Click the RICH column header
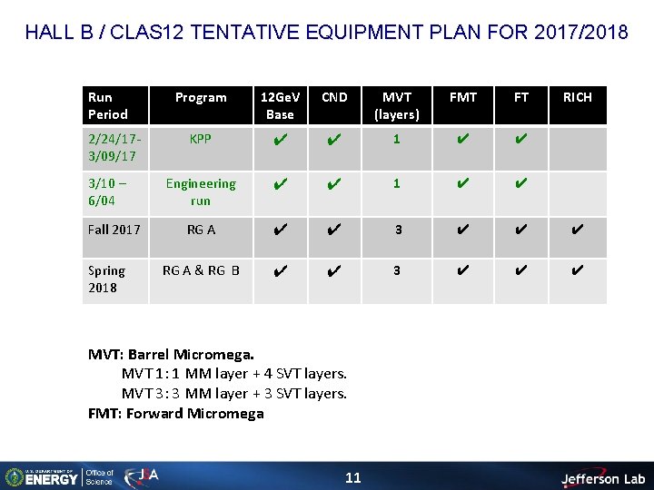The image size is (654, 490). [x=577, y=97]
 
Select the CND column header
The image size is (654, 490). [x=334, y=97]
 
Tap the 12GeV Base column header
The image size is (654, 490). [x=280, y=105]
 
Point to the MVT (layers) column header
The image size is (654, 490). [x=397, y=105]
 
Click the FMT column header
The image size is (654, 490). [x=463, y=97]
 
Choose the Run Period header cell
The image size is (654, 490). [x=107, y=105]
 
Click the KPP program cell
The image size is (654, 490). [x=201, y=141]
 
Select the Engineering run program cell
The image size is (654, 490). [x=201, y=191]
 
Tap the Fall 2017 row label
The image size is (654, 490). [x=114, y=230]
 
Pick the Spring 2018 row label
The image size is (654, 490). [x=107, y=279]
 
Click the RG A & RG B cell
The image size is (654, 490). [x=201, y=269]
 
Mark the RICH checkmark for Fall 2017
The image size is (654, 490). [x=577, y=230]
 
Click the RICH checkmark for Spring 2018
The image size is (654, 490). [x=577, y=270]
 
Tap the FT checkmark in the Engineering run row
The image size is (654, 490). [x=520, y=184]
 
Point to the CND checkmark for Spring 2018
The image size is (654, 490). [x=334, y=270]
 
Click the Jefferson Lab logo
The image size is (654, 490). [x=602, y=477]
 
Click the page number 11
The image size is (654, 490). [x=353, y=477]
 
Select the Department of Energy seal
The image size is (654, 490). [x=15, y=477]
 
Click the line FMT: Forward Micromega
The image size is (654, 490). [x=176, y=414]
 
